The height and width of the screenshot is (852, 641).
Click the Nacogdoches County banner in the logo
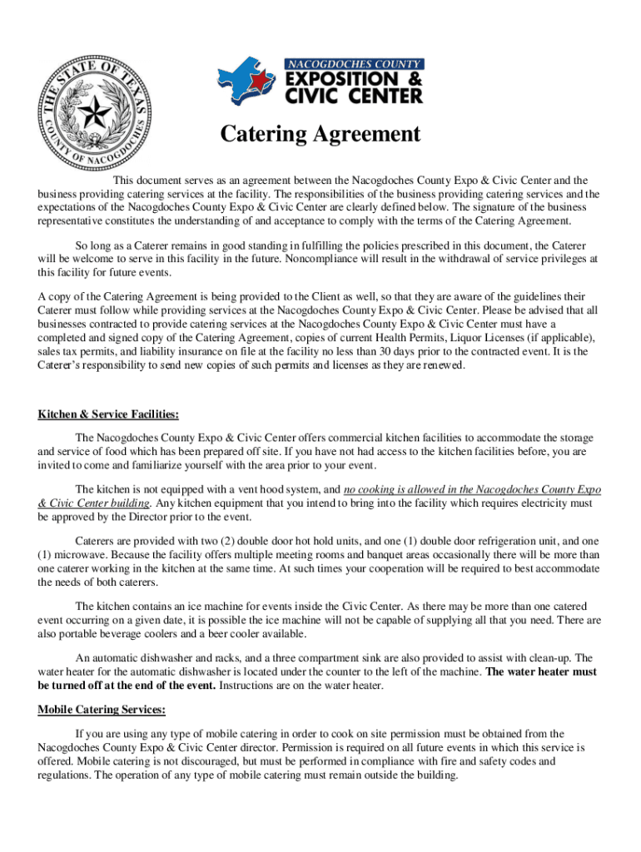click(x=355, y=64)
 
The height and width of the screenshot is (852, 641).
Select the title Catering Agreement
click(x=320, y=134)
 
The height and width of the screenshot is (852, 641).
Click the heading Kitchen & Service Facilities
click(x=108, y=414)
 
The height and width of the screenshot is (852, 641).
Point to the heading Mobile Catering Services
click(x=102, y=710)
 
